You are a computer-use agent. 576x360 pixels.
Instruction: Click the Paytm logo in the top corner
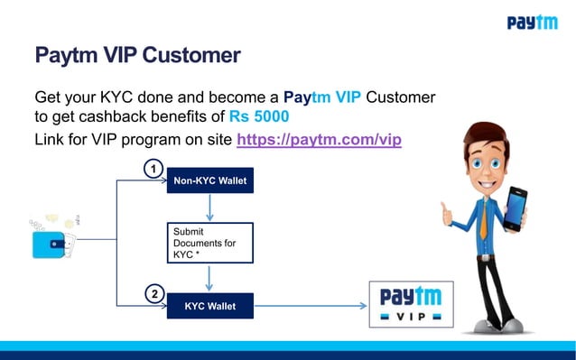pos(532,23)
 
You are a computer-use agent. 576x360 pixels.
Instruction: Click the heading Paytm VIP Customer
pos(137,56)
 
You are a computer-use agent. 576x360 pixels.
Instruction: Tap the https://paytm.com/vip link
pos(319,140)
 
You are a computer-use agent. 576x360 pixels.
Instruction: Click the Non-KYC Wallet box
pos(210,180)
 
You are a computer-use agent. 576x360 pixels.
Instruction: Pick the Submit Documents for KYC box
pos(210,243)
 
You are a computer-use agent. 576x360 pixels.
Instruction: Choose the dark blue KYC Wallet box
pos(210,307)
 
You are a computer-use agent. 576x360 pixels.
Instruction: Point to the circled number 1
pos(154,169)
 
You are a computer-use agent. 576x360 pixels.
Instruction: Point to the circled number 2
pos(154,294)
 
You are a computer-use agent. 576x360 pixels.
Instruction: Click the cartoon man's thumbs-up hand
pos(448,215)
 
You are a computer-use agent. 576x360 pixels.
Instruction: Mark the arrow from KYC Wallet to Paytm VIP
pos(311,307)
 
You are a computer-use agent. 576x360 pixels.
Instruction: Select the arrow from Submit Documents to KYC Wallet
pos(210,278)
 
